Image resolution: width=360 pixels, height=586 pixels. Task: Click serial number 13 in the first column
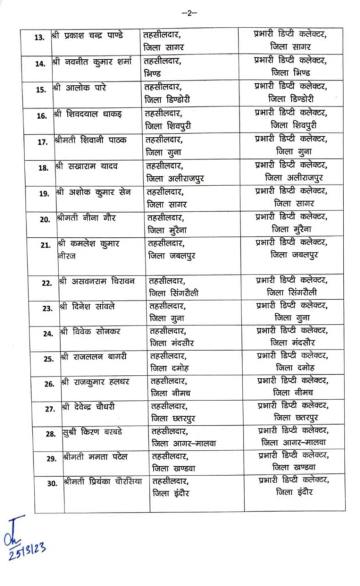[39, 37]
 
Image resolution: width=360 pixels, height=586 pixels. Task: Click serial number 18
[42, 168]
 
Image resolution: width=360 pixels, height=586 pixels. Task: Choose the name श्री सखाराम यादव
[88, 166]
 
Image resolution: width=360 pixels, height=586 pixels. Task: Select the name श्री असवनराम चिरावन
[97, 282]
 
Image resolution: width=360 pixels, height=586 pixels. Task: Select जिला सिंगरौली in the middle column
[175, 293]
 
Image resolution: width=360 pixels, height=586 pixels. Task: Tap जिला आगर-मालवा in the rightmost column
[293, 443]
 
